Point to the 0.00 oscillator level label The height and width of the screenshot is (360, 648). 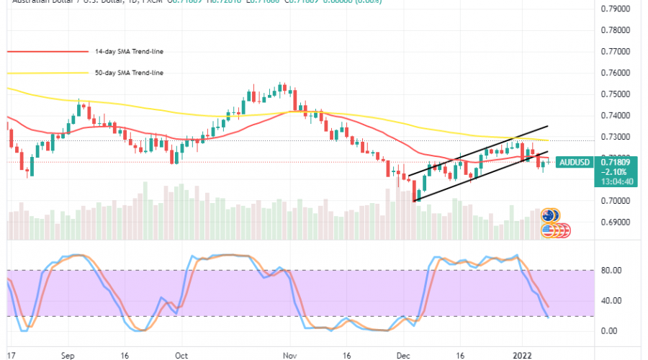(609, 330)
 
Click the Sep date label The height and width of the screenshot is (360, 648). (69, 355)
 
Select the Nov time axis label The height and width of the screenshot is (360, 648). (290, 355)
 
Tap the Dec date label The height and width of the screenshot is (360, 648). (403, 355)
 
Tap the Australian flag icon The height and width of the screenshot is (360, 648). (551, 215)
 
